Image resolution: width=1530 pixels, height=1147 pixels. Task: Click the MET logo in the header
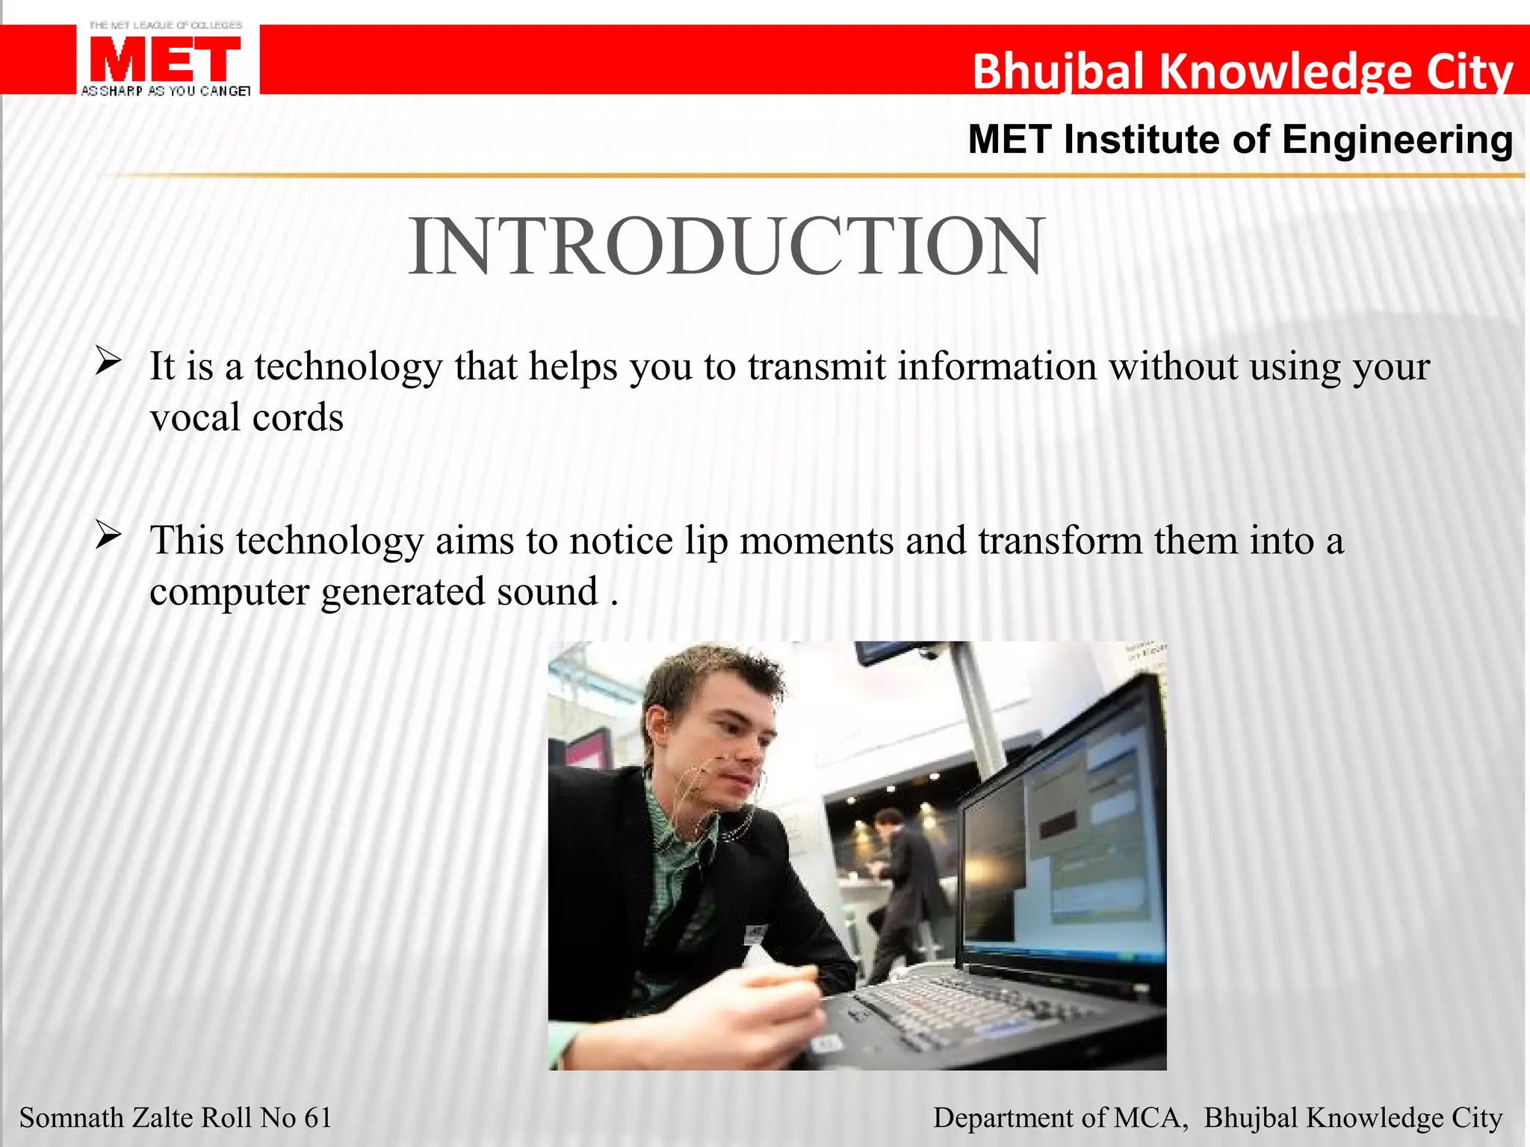[166, 60]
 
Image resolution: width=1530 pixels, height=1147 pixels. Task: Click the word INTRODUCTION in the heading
[726, 246]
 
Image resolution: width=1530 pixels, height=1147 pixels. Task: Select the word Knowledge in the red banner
[1285, 72]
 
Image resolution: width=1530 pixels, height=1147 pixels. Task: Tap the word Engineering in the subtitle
[1397, 140]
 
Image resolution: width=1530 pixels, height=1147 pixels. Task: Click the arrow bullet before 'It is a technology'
[108, 362]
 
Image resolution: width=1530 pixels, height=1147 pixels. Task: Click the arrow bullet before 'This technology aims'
[108, 536]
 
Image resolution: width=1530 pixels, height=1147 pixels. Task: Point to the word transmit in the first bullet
[817, 367]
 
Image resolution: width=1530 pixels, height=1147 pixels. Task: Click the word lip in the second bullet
[706, 541]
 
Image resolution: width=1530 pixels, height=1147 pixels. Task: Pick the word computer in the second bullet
[229, 592]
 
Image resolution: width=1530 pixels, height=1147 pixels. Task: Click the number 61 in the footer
[318, 1118]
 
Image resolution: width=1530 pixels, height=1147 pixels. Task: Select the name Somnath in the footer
[71, 1118]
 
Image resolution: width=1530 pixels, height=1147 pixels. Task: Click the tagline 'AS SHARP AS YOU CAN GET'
[166, 91]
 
